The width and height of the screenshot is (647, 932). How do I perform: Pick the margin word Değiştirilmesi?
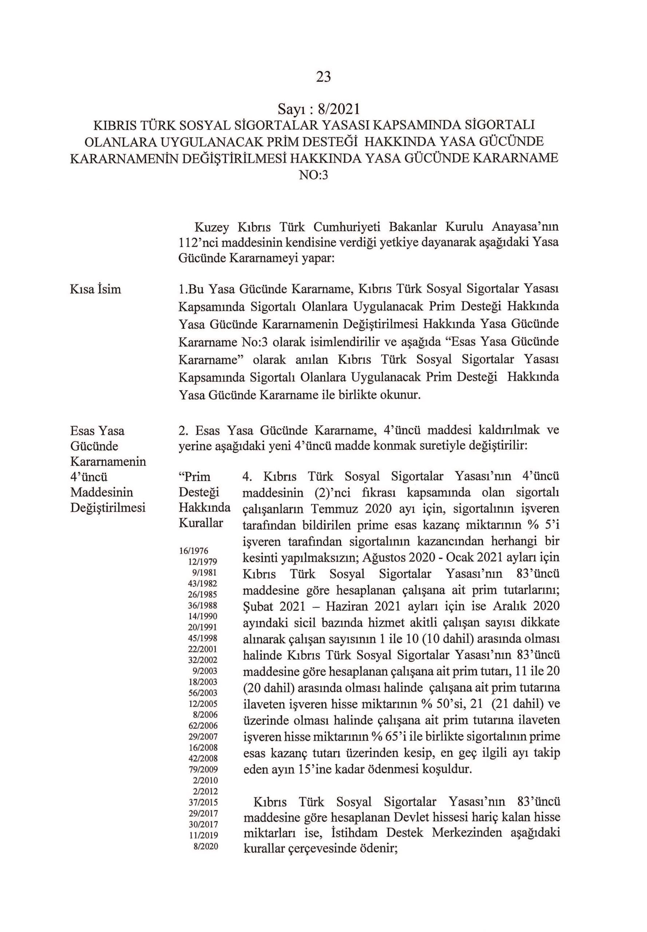coord(108,508)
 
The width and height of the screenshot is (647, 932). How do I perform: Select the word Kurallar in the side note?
coord(201,524)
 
